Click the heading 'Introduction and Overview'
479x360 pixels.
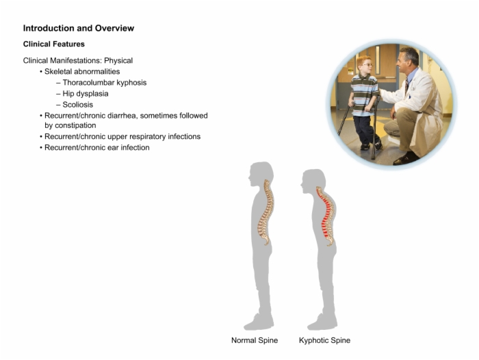(x=79, y=28)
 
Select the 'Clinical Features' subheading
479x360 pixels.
(x=54, y=44)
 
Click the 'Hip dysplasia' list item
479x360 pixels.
(x=86, y=94)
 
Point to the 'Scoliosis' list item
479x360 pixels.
(x=77, y=105)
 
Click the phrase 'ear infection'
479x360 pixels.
(x=135, y=148)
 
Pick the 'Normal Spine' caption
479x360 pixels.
(x=255, y=340)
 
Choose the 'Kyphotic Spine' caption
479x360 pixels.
(x=324, y=340)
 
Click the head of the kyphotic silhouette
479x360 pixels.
(x=313, y=181)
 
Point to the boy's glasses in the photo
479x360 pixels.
(x=367, y=65)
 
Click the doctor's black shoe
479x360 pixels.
(x=406, y=158)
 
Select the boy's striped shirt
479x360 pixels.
(x=363, y=94)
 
